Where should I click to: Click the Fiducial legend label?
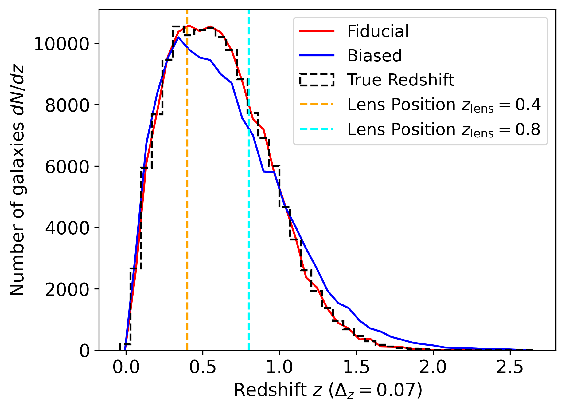pos(378,31)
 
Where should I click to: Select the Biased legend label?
pos(374,56)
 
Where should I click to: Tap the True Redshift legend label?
pos(400,80)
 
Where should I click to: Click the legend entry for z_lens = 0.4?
pos(443,105)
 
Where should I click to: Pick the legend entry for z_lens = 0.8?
pos(443,129)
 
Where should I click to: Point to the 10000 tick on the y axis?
pos(61,44)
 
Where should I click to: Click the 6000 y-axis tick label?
pos(67,167)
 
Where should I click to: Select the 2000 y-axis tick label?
pos(67,289)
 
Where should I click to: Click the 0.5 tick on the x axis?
pos(202,367)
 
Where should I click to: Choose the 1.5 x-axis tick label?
pos(356,367)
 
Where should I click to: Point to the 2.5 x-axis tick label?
pos(509,367)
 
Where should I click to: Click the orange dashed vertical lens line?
pos(187,215)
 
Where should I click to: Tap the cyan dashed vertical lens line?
pos(249,215)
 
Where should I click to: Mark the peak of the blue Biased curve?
pos(178,38)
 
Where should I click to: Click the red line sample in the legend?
pos(317,31)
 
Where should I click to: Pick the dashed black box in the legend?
pos(317,80)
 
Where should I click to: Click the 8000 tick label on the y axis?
pos(67,105)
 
